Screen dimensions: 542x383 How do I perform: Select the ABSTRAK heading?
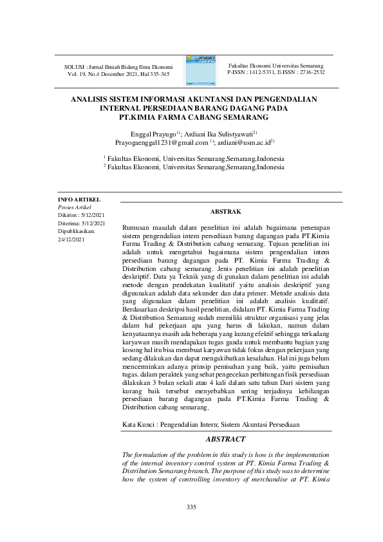(225, 211)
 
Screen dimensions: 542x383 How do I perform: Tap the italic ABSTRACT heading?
(225, 439)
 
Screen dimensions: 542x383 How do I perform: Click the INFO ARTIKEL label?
(79, 200)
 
